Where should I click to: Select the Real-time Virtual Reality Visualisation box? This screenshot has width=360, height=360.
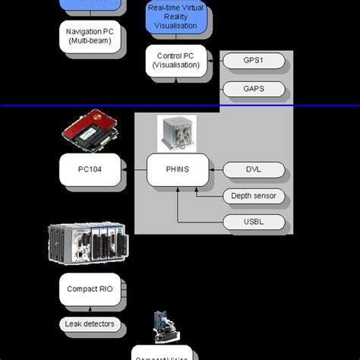coord(176,16)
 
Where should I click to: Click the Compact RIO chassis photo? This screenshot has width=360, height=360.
coord(87,245)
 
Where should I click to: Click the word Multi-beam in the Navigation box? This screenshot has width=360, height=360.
coord(89,41)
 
